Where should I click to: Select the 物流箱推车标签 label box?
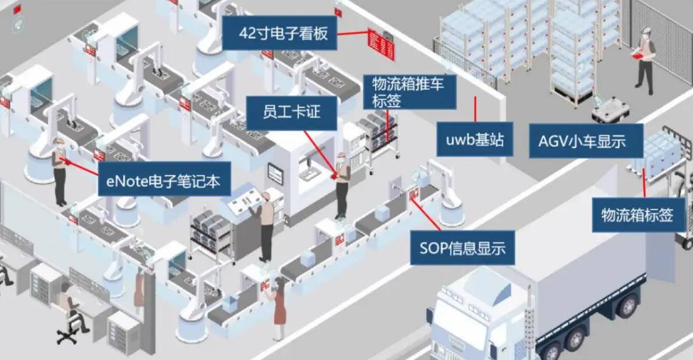pyautogui.click(x=410, y=92)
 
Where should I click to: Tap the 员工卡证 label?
pyautogui.click(x=292, y=112)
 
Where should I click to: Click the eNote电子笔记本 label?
pyautogui.click(x=164, y=181)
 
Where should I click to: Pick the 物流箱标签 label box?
pyautogui.click(x=637, y=215)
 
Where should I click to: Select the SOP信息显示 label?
pyautogui.click(x=462, y=249)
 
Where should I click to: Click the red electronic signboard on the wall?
pyautogui.click(x=381, y=44)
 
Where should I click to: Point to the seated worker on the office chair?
pyautogui.click(x=69, y=309)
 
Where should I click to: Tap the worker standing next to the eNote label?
pyautogui.click(x=59, y=172)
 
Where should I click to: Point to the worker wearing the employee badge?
pyautogui.click(x=342, y=183)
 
